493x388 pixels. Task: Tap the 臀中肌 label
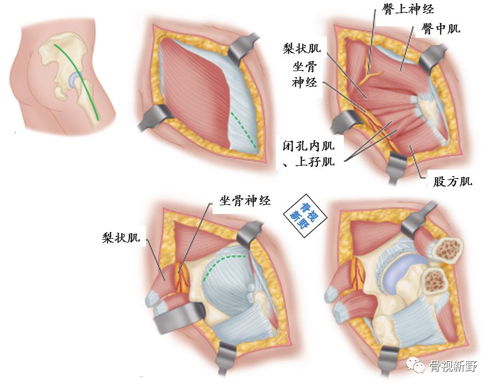tap(441, 29)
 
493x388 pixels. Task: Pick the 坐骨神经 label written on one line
tap(245, 200)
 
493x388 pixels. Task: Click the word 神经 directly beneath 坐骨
tap(304, 83)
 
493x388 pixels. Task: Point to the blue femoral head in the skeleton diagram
tap(75, 80)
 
